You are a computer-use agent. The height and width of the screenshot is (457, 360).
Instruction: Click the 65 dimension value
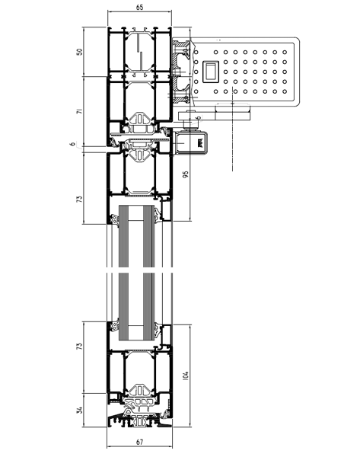click(x=140, y=8)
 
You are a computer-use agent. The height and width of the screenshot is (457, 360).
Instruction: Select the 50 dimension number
click(x=79, y=52)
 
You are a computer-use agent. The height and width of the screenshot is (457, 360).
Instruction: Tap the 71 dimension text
click(x=79, y=111)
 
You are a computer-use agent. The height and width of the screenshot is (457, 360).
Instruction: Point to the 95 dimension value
click(x=186, y=174)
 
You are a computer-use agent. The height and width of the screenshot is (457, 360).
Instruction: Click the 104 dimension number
click(x=186, y=376)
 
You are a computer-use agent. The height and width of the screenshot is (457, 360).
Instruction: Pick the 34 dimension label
click(x=79, y=410)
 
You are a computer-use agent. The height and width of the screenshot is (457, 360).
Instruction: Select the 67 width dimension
click(x=140, y=442)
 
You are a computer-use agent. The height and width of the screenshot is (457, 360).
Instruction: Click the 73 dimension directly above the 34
click(x=79, y=347)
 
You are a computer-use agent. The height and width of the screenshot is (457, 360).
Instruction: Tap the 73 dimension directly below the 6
click(x=79, y=200)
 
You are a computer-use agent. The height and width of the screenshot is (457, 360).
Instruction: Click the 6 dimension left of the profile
click(x=73, y=143)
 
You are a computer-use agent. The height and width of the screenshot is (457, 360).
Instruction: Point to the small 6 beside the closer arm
click(x=199, y=117)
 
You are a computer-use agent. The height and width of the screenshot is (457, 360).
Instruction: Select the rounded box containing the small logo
click(x=191, y=143)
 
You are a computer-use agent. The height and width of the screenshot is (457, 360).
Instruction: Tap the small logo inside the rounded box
click(x=200, y=143)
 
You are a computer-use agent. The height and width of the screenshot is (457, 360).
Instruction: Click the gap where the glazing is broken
click(x=140, y=270)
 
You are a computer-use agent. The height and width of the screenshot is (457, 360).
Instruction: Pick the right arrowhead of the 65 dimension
click(x=170, y=11)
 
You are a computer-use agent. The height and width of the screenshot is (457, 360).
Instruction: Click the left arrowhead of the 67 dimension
click(x=109, y=446)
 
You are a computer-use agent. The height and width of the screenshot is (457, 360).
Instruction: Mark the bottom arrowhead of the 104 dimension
click(x=190, y=425)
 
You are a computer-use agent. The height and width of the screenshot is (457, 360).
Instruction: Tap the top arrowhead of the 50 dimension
click(x=84, y=29)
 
